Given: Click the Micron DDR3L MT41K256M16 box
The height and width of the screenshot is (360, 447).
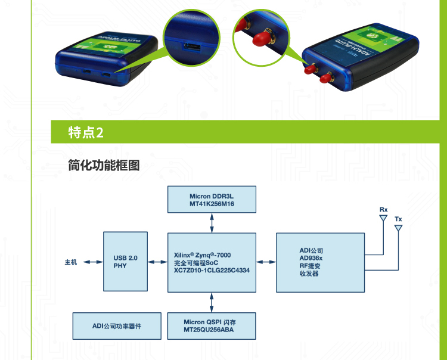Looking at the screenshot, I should tap(212, 199).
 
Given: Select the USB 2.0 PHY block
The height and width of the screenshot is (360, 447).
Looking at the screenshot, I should tap(125, 262).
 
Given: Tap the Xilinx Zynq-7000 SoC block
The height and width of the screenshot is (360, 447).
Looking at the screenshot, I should tap(212, 262).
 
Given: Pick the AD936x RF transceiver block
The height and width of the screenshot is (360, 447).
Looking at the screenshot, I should tap(319, 262).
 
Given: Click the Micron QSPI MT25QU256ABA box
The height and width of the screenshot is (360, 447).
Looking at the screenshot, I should tap(212, 325).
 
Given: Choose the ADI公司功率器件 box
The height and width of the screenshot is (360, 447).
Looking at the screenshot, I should tap(116, 325).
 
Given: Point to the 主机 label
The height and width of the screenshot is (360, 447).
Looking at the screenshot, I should tap(72, 262).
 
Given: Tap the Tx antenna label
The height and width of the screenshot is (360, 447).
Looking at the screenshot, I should tap(398, 219).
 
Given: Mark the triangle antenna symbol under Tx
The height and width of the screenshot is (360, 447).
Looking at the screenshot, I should tap(398, 228).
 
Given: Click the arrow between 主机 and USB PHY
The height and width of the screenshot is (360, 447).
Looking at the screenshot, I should tap(94, 262).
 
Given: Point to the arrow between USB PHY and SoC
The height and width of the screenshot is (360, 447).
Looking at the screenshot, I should tap(157, 262).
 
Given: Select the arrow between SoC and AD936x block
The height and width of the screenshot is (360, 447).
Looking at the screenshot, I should tap(266, 262).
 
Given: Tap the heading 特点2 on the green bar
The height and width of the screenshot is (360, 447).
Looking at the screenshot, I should tap(86, 132).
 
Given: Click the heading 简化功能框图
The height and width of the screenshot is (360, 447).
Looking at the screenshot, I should tap(104, 165).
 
